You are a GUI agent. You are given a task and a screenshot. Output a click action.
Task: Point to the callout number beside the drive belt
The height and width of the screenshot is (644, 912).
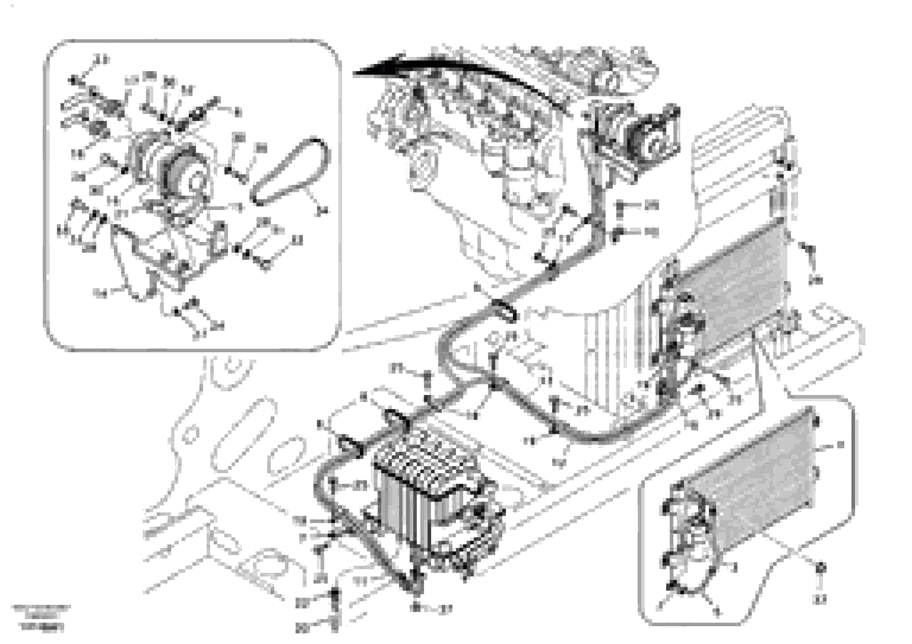tap(322, 211)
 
